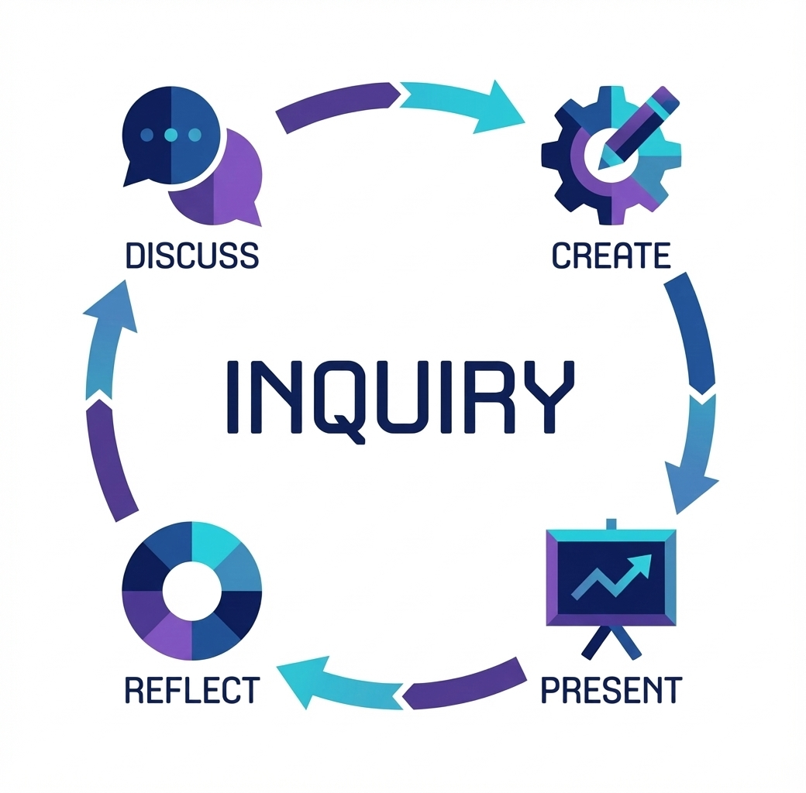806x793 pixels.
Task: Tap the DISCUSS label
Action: pyautogui.click(x=191, y=255)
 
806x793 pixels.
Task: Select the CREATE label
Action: pyautogui.click(x=611, y=255)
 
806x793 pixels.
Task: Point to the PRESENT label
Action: pyautogui.click(x=611, y=688)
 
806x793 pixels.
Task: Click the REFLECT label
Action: pyautogui.click(x=192, y=688)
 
